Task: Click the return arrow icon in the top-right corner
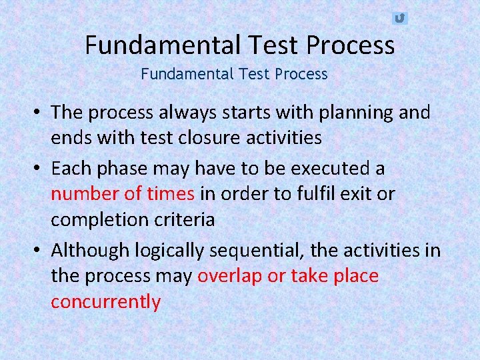399,18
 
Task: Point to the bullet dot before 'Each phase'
41,169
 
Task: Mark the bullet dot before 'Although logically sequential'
41,251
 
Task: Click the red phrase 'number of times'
123,194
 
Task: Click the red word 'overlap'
230,276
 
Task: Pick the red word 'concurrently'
106,302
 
